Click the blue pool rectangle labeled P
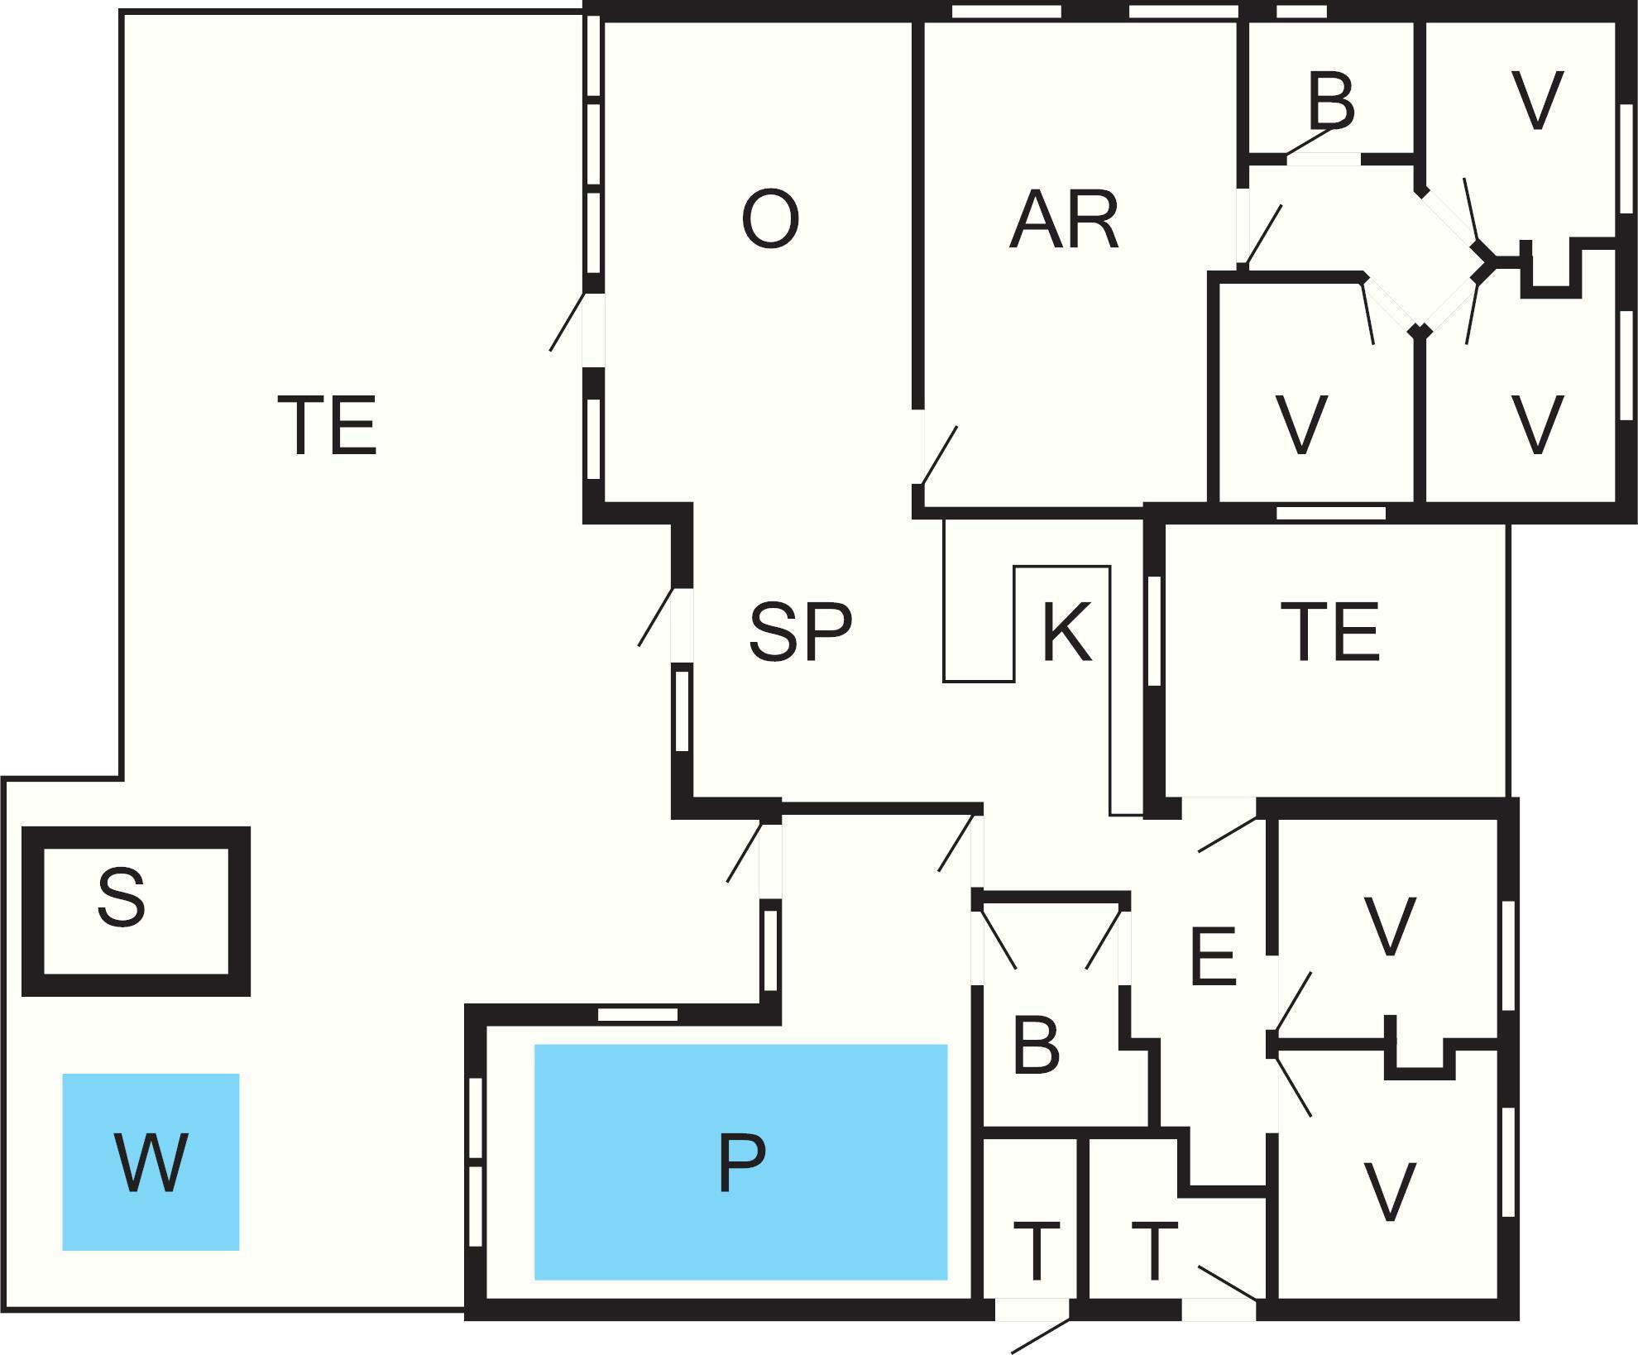point(740,1161)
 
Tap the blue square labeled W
point(151,1161)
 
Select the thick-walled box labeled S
point(135,910)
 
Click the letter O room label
point(770,219)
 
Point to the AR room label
point(1064,220)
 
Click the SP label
point(800,632)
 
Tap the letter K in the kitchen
point(1067,632)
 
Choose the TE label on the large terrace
point(328,426)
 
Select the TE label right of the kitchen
point(1330,632)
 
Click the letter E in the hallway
point(1214,957)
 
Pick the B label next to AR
point(1331,101)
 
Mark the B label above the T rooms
point(1036,1046)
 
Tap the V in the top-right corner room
point(1537,101)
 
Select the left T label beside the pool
point(1036,1252)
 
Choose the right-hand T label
point(1154,1252)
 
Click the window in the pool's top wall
point(637,1014)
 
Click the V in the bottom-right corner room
point(1389,1192)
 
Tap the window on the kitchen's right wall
point(1154,630)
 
